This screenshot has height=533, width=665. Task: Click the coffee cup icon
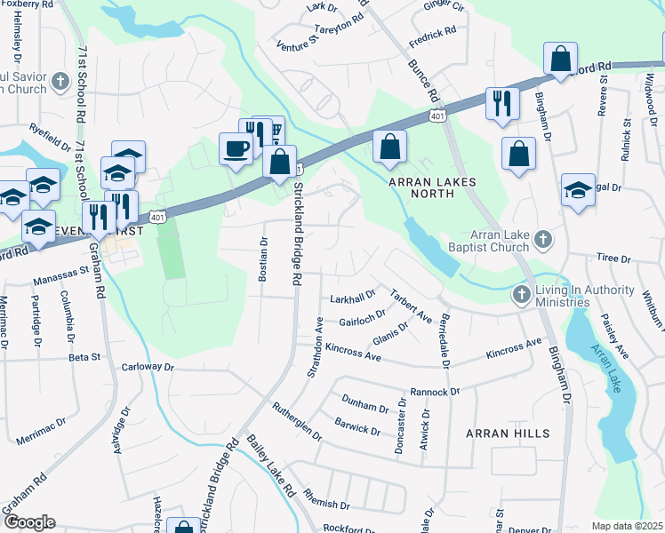click(235, 148)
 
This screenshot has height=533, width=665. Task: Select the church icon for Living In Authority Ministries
click(523, 294)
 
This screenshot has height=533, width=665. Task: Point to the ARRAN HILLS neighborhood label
click(508, 434)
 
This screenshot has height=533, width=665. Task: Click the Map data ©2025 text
click(628, 526)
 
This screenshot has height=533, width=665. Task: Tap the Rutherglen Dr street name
click(297, 418)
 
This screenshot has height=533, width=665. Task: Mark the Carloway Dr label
click(148, 366)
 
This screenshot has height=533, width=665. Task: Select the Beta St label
click(84, 357)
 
